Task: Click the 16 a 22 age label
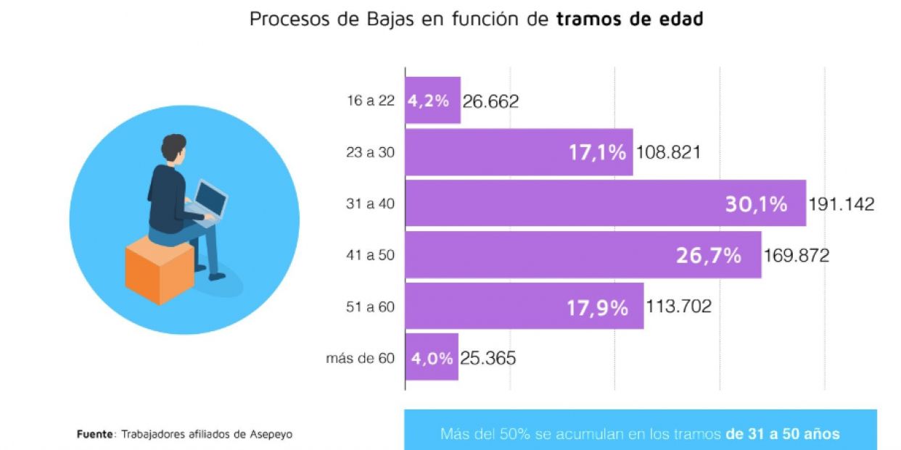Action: pyautogui.click(x=371, y=101)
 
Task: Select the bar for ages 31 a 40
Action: pyautogui.click(x=566, y=204)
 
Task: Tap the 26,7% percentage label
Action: pyautogui.click(x=708, y=255)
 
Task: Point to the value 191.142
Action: pyautogui.click(x=842, y=204)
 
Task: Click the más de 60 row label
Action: pyautogui.click(x=360, y=358)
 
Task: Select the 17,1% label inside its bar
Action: pyautogui.click(x=597, y=153)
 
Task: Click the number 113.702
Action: pyautogui.click(x=678, y=307)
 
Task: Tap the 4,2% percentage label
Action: pyautogui.click(x=428, y=101)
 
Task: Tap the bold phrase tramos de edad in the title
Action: pyautogui.click(x=630, y=20)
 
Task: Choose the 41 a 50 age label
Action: pyautogui.click(x=370, y=255)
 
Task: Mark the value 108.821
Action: pyautogui.click(x=667, y=153)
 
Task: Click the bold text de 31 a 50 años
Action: pyautogui.click(x=782, y=435)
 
